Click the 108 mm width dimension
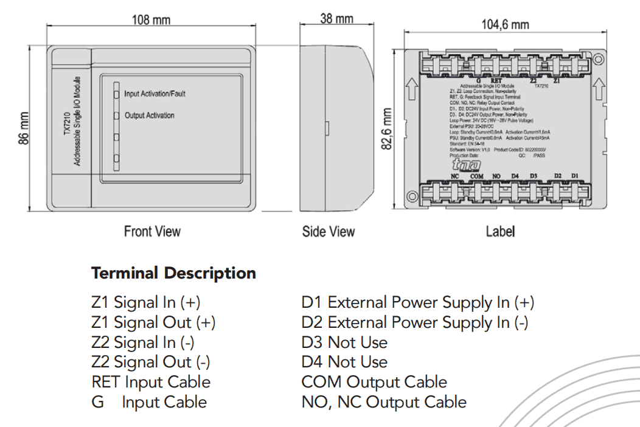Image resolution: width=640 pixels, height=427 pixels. (151, 20)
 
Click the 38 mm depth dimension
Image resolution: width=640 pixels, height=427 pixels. (336, 18)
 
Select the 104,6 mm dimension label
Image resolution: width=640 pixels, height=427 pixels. (505, 24)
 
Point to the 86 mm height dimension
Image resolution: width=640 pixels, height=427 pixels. (23, 128)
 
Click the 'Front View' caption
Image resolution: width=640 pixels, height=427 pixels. (152, 231)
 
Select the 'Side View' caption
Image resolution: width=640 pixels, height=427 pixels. (329, 232)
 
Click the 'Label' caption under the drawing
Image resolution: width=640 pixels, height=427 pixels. (500, 232)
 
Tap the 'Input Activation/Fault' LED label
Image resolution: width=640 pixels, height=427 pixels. (155, 94)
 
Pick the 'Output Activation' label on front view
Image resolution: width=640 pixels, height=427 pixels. (149, 116)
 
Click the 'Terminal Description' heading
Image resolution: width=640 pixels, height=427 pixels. (173, 273)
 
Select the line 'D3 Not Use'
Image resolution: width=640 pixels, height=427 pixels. (344, 342)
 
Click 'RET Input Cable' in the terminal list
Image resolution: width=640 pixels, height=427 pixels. (151, 383)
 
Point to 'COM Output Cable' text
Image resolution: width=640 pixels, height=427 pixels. (374, 383)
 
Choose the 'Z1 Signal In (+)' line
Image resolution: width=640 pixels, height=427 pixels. (145, 302)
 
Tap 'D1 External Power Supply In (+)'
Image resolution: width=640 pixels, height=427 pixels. (418, 302)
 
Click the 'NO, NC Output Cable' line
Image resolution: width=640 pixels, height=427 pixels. (384, 402)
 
